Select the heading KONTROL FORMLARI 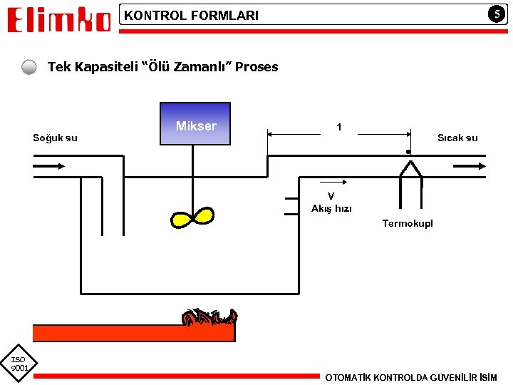point(192,16)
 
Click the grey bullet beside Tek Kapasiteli point(28,68)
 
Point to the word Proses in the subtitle point(256,67)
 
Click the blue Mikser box point(195,125)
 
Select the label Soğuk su point(55,138)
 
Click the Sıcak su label point(457,138)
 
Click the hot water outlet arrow point(470,166)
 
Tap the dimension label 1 point(339,127)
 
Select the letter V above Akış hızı point(331,197)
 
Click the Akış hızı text point(331,209)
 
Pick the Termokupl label point(407,224)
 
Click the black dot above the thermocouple point(408,152)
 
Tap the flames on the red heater point(208,317)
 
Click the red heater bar point(133,333)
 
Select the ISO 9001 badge point(19,364)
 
